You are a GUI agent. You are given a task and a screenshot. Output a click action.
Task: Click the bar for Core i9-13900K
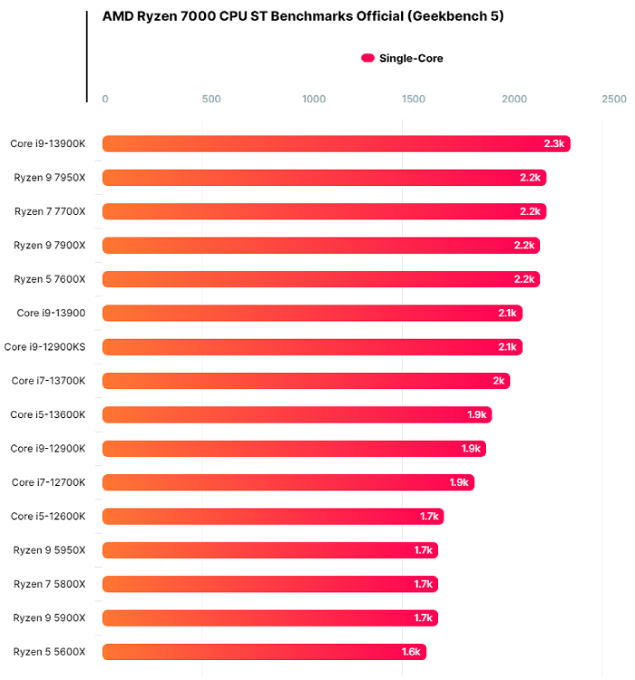(336, 143)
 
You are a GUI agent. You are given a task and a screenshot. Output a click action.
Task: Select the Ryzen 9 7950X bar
(325, 177)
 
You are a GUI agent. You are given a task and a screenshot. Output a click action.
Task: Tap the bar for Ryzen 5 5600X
(264, 651)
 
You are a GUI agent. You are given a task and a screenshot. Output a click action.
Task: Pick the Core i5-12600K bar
(273, 516)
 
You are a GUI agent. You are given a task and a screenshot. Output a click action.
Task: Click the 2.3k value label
(554, 143)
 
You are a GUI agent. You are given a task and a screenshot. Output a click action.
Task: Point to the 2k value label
(499, 381)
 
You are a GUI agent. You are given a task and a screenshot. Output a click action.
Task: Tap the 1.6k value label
(411, 651)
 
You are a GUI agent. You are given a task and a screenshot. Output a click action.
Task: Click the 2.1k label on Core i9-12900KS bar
(507, 347)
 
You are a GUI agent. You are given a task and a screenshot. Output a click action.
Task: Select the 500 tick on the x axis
(211, 99)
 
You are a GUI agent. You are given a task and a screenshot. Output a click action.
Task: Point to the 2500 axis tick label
(614, 99)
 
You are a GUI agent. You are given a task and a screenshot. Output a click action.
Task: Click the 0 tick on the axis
(105, 99)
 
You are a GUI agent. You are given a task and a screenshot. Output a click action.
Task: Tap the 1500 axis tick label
(413, 99)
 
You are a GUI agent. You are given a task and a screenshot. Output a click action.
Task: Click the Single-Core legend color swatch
(368, 58)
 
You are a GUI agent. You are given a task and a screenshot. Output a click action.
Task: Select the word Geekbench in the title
(449, 16)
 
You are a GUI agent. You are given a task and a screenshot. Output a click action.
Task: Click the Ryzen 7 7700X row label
(50, 211)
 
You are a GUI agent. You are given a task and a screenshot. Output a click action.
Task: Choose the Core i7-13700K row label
(49, 381)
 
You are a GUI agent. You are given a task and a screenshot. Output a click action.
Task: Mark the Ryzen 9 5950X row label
(49, 550)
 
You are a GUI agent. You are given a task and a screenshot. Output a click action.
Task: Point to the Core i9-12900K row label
(48, 448)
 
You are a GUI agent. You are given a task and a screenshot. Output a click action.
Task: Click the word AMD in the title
(118, 16)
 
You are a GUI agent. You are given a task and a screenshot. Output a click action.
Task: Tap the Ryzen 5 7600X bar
(321, 279)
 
